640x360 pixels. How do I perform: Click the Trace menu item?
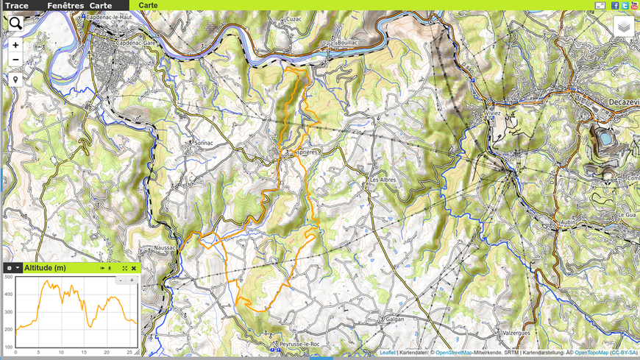16,5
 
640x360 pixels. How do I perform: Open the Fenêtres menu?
65,5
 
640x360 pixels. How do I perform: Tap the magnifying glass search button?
15,24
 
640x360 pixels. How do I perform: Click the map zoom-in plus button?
15,45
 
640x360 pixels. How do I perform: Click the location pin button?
15,79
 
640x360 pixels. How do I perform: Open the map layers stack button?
623,27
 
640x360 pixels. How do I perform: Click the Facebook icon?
615,5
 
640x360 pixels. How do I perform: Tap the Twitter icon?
625,5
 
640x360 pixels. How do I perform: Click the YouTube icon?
634,5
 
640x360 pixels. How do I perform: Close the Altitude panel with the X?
134,268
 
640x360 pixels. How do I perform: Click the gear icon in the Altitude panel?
10,268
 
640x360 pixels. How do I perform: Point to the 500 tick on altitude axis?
8,278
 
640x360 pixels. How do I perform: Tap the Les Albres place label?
383,180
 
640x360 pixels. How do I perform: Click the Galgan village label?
394,320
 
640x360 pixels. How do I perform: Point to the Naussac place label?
166,248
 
